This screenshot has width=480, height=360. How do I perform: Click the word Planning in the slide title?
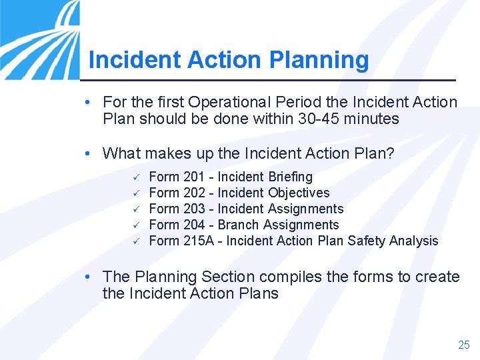point(319,60)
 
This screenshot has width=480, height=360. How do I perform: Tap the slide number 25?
point(463,345)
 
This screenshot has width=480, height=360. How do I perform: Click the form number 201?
point(194,177)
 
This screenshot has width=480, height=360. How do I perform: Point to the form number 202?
point(194,193)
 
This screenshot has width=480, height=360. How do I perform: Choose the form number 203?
point(194,209)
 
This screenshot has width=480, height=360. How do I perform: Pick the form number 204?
point(194,225)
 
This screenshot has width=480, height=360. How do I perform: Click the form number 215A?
point(199,241)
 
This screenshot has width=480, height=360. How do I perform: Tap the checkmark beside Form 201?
point(134,177)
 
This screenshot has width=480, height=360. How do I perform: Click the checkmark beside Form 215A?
point(134,241)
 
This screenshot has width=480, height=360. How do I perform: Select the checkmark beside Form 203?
point(134,209)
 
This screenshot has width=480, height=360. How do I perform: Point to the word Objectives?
point(299,193)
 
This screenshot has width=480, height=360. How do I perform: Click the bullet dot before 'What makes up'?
point(89,154)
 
